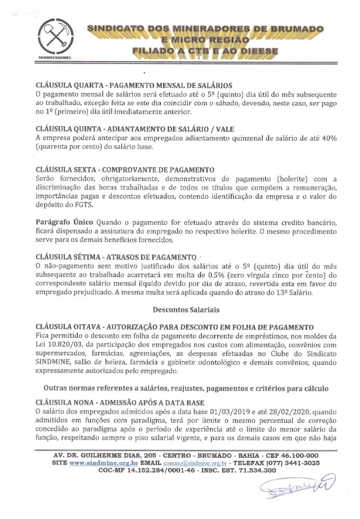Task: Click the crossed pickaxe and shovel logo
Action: pos(54,36)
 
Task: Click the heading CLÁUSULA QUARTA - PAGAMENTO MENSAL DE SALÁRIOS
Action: pos(134,85)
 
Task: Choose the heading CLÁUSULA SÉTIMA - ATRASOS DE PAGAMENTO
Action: pos(115,256)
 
